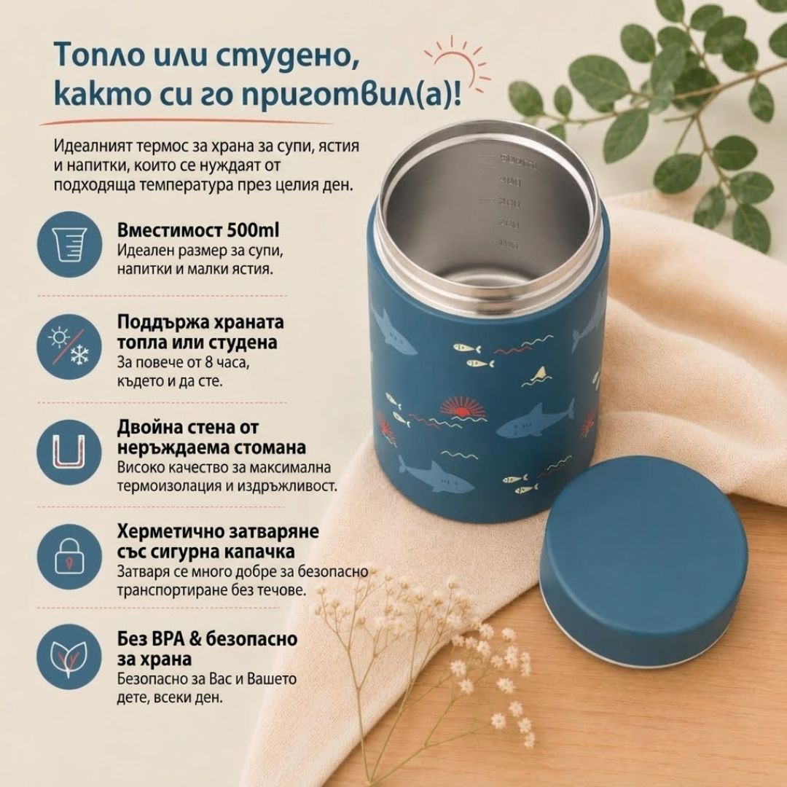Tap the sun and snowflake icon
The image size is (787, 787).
point(69,346)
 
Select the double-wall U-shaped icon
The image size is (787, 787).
point(69,452)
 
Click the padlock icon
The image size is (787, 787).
point(69,555)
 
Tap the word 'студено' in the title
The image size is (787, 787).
point(286,56)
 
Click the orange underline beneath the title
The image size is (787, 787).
point(187,121)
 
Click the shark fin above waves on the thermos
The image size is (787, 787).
point(539,373)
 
